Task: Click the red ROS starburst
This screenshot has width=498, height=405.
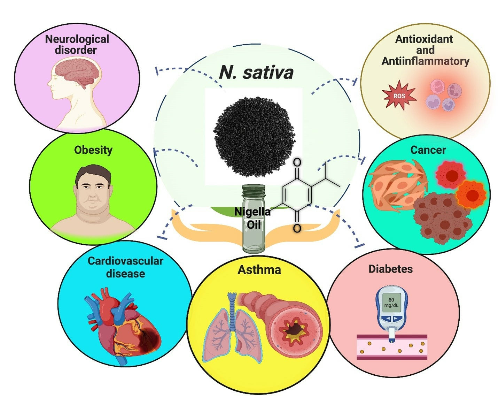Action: coord(399,95)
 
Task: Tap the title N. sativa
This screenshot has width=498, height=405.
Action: coord(256,72)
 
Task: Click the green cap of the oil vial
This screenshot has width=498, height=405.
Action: coord(253,190)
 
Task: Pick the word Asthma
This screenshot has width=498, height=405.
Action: coord(259,270)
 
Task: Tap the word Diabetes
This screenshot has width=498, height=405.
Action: coord(390,269)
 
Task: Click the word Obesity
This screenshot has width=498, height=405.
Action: coord(93,150)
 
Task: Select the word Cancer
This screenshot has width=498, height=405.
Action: coord(428,150)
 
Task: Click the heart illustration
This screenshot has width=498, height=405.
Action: coord(122,326)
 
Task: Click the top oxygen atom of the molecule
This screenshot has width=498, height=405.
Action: coord(297,162)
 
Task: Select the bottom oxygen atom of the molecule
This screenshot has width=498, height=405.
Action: coord(297,228)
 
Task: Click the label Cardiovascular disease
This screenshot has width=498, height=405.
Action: coord(125,267)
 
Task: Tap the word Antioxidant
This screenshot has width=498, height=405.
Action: coord(424,39)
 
